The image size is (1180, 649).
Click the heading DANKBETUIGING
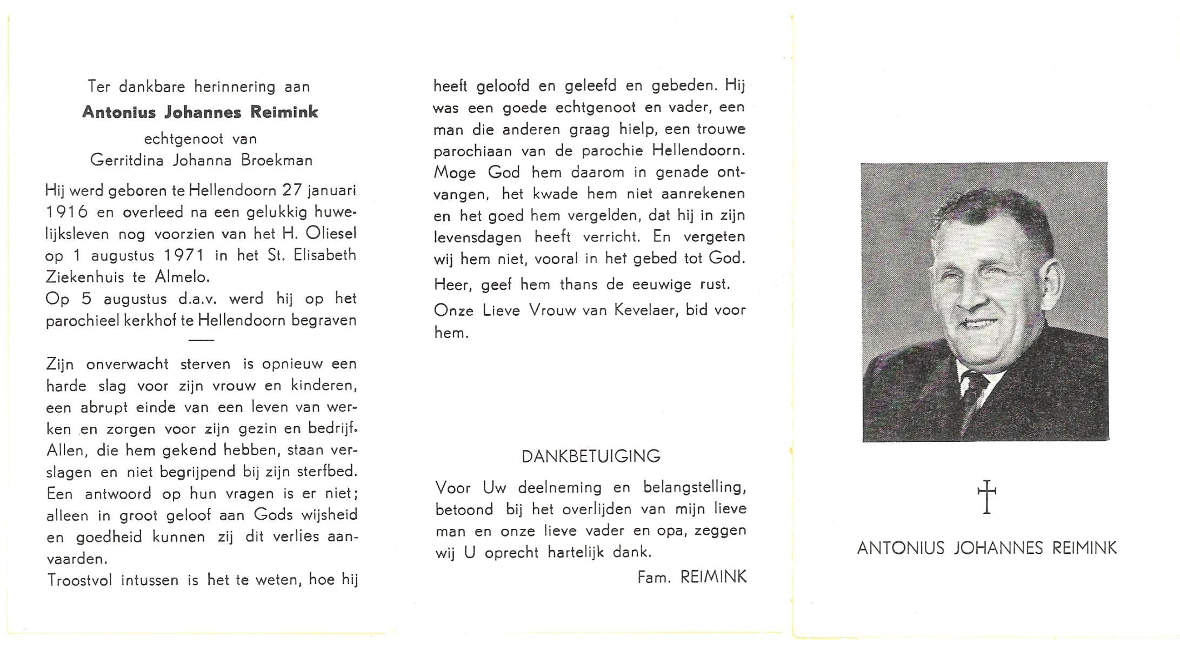591,456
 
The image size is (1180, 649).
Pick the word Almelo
182,277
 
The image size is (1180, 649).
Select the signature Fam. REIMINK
692,578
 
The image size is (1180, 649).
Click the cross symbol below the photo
986,496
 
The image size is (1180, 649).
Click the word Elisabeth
325,255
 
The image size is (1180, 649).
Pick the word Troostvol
80,580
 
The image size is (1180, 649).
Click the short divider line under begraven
202,340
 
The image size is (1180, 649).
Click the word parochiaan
472,151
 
